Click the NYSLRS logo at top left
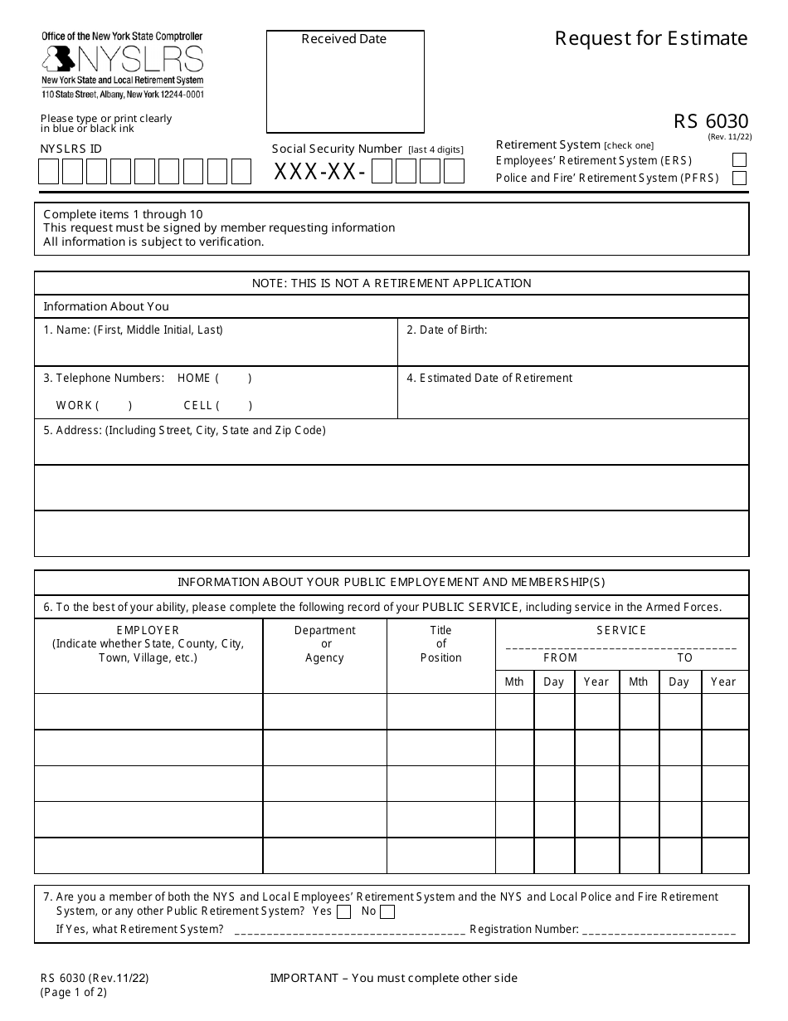click(x=122, y=60)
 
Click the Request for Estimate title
click(x=650, y=38)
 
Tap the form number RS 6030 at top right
click(x=710, y=122)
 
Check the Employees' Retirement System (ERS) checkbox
click(x=739, y=160)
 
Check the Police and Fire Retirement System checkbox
click(x=739, y=178)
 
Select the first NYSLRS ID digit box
click(x=49, y=172)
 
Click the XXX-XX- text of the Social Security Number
click(x=319, y=172)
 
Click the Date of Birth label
click(x=446, y=330)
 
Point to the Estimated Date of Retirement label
click(x=489, y=378)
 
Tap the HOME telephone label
click(x=194, y=378)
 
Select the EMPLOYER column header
click(x=148, y=630)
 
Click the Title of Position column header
click(x=440, y=644)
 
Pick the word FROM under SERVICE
click(x=560, y=657)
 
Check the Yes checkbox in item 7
click(x=344, y=912)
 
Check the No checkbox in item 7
click(x=387, y=912)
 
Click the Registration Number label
click(x=524, y=929)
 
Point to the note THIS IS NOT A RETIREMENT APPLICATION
click(x=392, y=283)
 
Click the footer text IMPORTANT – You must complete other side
click(x=393, y=978)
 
